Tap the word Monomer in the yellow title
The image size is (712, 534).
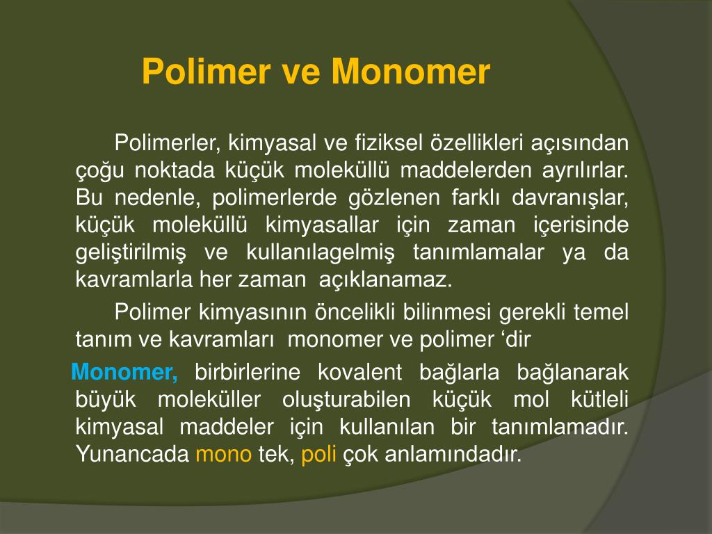[x=411, y=72]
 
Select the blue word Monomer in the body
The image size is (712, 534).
[x=124, y=372]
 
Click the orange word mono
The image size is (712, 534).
[x=223, y=455]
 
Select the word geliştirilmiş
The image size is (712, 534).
[x=131, y=252]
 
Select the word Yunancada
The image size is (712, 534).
[x=132, y=455]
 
